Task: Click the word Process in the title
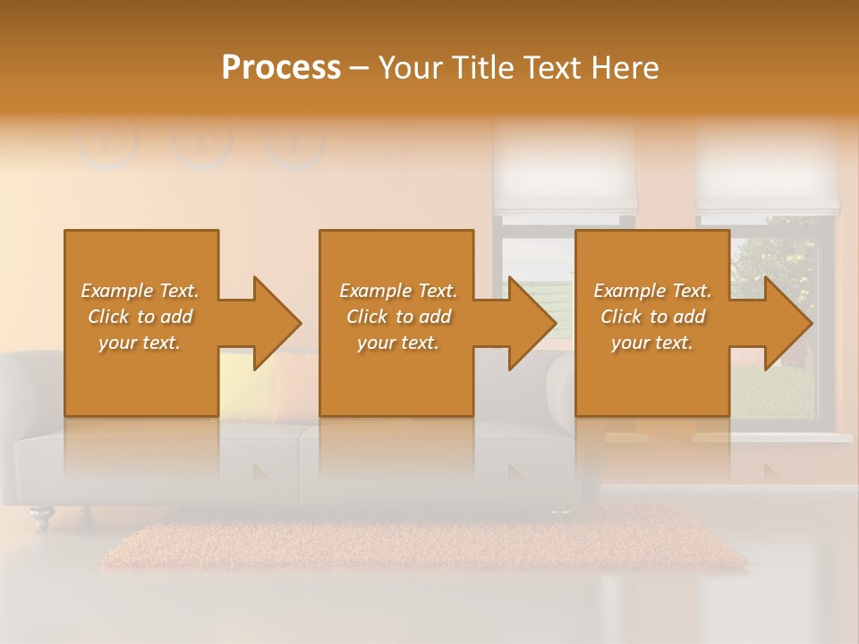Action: (281, 68)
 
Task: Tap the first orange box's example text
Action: (140, 317)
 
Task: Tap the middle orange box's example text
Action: (398, 317)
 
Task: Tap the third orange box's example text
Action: (652, 317)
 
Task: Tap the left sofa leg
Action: (41, 517)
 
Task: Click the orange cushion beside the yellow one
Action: (295, 385)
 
